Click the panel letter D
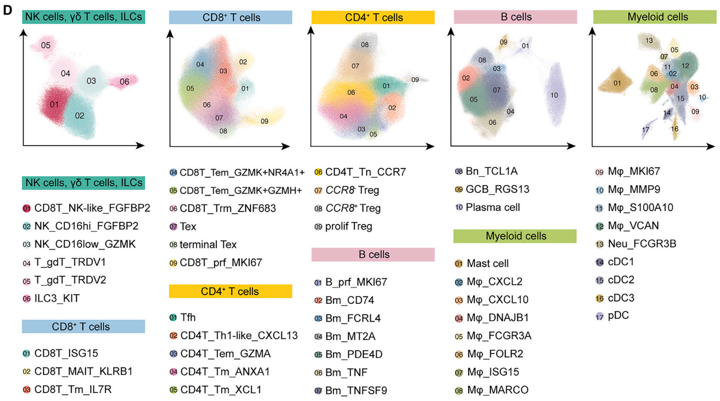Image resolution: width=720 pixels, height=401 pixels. click(7, 10)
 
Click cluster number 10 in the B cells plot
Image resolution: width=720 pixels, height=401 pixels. click(554, 95)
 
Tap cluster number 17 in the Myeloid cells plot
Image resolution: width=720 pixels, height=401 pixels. click(646, 130)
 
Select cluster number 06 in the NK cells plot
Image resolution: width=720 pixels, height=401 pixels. click(125, 82)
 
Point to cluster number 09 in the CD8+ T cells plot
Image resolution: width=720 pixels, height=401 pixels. click(265, 121)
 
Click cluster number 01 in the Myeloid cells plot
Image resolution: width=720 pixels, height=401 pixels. click(617, 83)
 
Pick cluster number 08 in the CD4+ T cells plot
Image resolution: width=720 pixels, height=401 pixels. click(365, 45)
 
